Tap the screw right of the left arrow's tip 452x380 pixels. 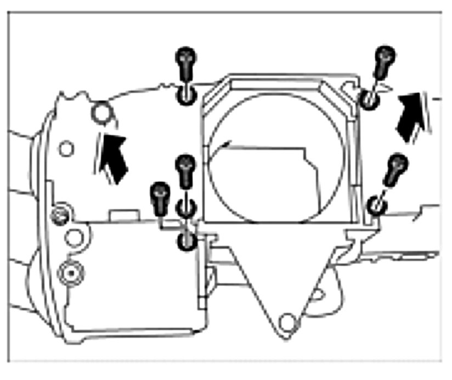[185, 171]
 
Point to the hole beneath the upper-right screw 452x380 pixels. [369, 99]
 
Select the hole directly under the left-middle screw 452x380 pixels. [186, 208]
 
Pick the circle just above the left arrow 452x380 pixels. [102, 113]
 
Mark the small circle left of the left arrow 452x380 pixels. [66, 148]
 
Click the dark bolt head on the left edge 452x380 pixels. [59, 214]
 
